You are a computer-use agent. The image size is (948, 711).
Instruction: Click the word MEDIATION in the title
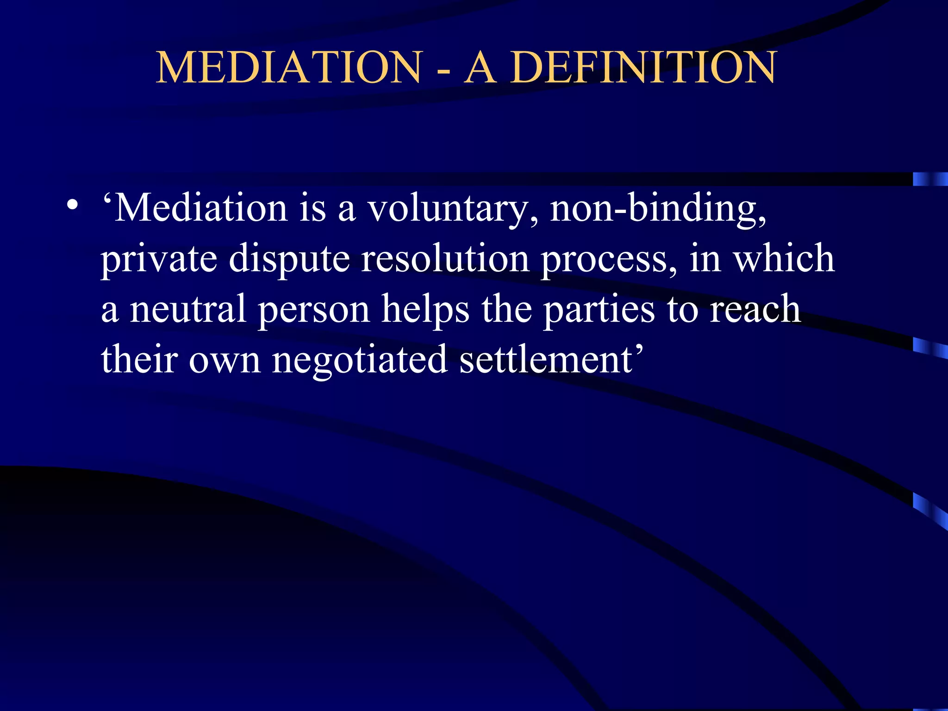coord(289,68)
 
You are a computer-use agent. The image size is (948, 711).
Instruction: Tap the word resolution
coord(445,258)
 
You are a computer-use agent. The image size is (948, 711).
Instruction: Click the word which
coord(785,258)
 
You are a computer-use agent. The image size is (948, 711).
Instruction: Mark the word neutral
coord(187,309)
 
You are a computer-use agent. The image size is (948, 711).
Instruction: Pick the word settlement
coord(547,359)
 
